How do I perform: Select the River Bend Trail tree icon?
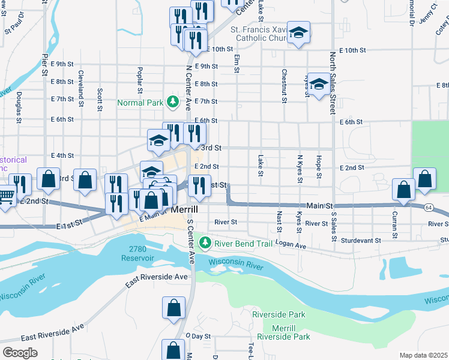pos(205,243)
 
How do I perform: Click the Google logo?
pos(20,352)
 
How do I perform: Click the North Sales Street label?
pos(333,82)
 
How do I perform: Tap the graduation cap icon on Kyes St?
pos(319,85)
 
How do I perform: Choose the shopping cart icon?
pos(5,196)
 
